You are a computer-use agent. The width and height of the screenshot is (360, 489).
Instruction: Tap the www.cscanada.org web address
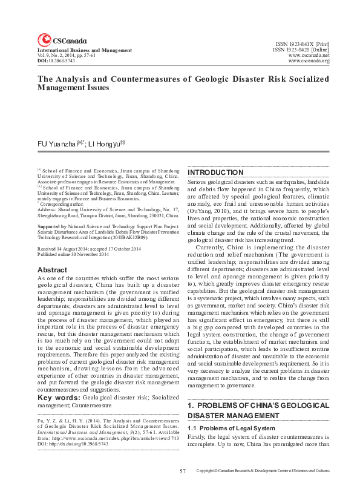tap(309, 61)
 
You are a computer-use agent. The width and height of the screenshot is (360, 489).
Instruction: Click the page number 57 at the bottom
tap(182, 471)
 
